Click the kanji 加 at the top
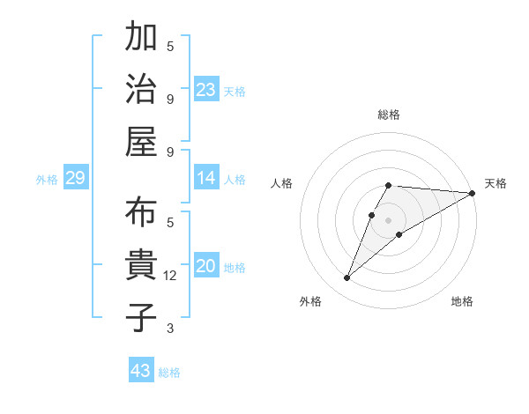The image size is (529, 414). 141,39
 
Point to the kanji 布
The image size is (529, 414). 141,214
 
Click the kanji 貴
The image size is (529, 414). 141,265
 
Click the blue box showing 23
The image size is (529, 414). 206,89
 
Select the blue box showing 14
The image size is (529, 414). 206,179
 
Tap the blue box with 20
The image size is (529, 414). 206,266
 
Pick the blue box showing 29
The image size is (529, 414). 75,179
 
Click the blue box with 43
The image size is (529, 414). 141,371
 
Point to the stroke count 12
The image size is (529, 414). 171,276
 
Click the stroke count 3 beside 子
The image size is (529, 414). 170,329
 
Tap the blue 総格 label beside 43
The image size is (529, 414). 169,372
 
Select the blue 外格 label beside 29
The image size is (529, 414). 47,180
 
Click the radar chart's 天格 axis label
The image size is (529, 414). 495,183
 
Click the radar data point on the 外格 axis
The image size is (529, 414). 346,278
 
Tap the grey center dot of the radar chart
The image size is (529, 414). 389,219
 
